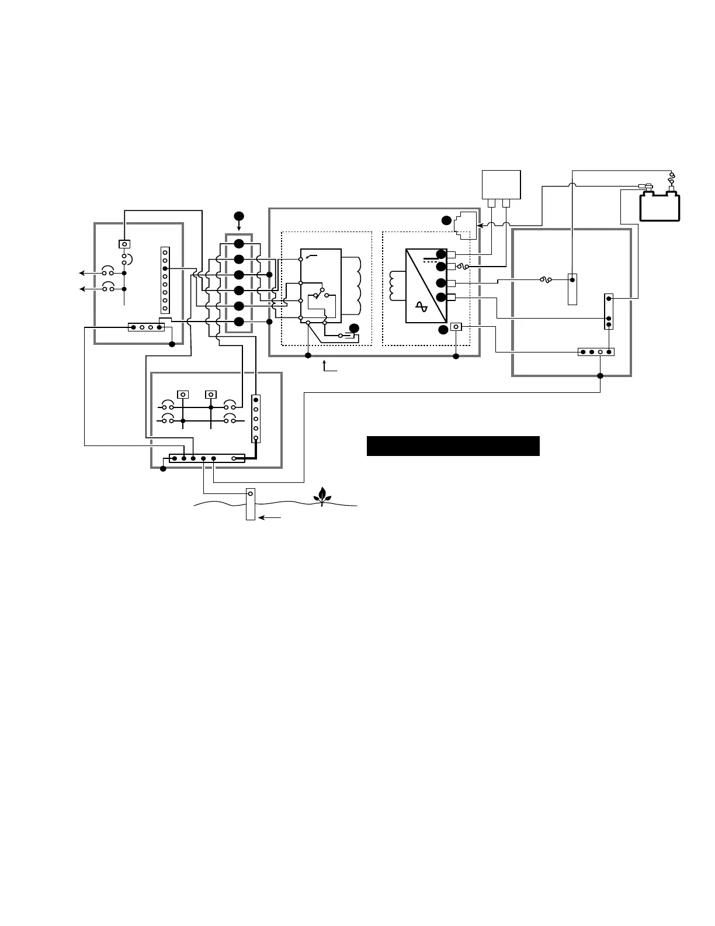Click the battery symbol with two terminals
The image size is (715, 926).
[660, 206]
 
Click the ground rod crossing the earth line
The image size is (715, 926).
[251, 504]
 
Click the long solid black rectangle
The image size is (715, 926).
[453, 445]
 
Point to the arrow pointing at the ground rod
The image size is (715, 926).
[271, 517]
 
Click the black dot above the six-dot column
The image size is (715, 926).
[238, 216]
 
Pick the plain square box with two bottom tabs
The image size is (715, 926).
[500, 186]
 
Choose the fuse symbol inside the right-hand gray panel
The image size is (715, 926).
[547, 280]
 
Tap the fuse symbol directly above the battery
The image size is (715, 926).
[671, 175]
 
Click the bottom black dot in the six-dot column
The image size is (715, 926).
[239, 322]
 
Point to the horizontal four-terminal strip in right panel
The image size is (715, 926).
[596, 352]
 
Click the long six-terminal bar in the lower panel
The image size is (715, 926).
[207, 458]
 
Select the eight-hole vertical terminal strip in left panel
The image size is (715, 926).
[165, 280]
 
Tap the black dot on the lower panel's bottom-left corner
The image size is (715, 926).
[163, 469]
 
